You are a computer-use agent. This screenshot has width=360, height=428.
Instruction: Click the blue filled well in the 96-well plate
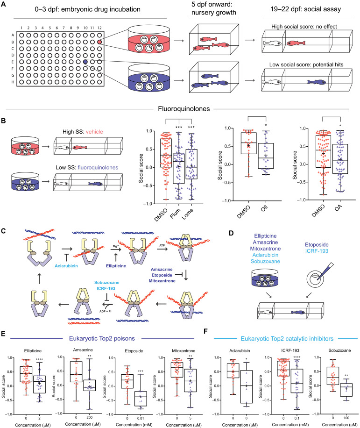click(85, 62)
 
